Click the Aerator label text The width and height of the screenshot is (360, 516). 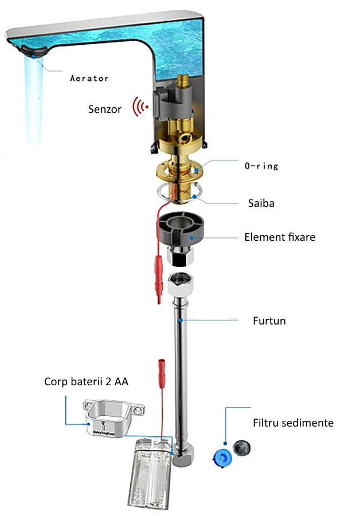[89, 78]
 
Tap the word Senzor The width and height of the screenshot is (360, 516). [105, 108]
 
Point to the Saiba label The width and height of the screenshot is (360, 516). [256, 203]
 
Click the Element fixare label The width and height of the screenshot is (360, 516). [280, 236]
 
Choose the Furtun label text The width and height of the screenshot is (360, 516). [269, 320]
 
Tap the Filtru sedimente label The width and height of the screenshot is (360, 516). [293, 423]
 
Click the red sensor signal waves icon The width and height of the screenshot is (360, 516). [139, 107]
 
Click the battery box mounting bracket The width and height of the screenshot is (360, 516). [113, 417]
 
